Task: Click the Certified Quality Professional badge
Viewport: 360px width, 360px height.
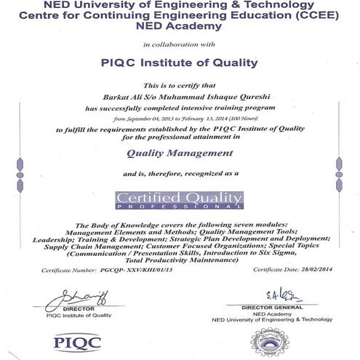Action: tap(180, 199)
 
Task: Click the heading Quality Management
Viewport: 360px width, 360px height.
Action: tap(180, 153)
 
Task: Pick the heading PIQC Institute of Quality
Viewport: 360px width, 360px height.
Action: tap(180, 63)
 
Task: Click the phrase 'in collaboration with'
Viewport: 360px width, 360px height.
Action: tap(180, 44)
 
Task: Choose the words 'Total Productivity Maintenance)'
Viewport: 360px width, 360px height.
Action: tap(180, 260)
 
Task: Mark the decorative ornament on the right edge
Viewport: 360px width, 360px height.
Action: tap(340, 175)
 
